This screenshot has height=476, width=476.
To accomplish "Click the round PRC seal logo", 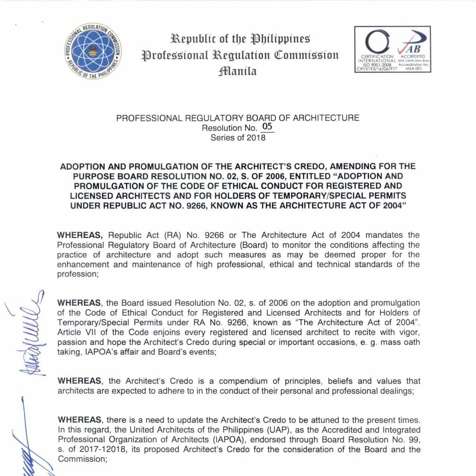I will point(93,51).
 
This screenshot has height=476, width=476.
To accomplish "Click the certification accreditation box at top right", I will point(393,49).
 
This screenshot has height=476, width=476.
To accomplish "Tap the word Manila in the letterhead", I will point(237,71).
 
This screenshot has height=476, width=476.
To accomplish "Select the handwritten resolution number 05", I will point(267,127).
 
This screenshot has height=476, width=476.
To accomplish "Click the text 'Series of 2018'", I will point(238,138).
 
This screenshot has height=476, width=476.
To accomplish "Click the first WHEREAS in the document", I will point(80,235).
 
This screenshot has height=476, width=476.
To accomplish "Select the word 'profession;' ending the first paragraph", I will point(78,274).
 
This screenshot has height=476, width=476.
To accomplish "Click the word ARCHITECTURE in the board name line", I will point(326,118).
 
